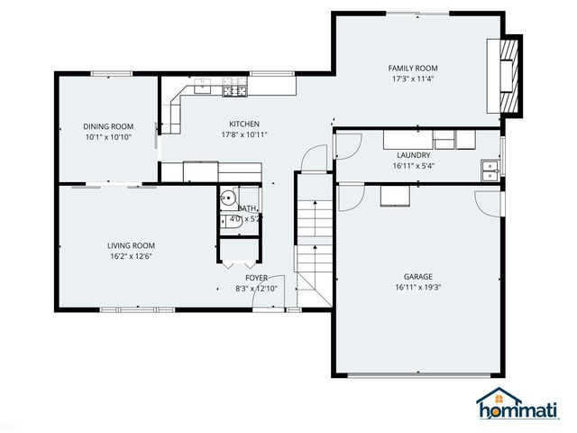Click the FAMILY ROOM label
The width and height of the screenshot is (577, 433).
[x=413, y=69]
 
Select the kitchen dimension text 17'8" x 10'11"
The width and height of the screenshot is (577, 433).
[x=244, y=135]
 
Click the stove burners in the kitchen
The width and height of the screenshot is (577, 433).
[x=234, y=88]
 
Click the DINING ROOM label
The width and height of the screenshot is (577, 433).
[x=108, y=126]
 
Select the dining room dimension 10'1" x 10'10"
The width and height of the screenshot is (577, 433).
[x=108, y=137]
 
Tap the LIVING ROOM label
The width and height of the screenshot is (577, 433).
[x=132, y=245]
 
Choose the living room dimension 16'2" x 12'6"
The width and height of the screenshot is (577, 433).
[x=132, y=256]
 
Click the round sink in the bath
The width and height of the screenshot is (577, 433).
[x=229, y=199]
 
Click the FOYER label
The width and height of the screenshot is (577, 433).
[x=257, y=278]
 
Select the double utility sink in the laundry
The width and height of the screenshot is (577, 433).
[x=488, y=170]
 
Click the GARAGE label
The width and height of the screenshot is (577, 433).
[x=417, y=277]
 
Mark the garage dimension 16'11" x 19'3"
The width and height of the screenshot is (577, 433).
[x=417, y=288]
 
